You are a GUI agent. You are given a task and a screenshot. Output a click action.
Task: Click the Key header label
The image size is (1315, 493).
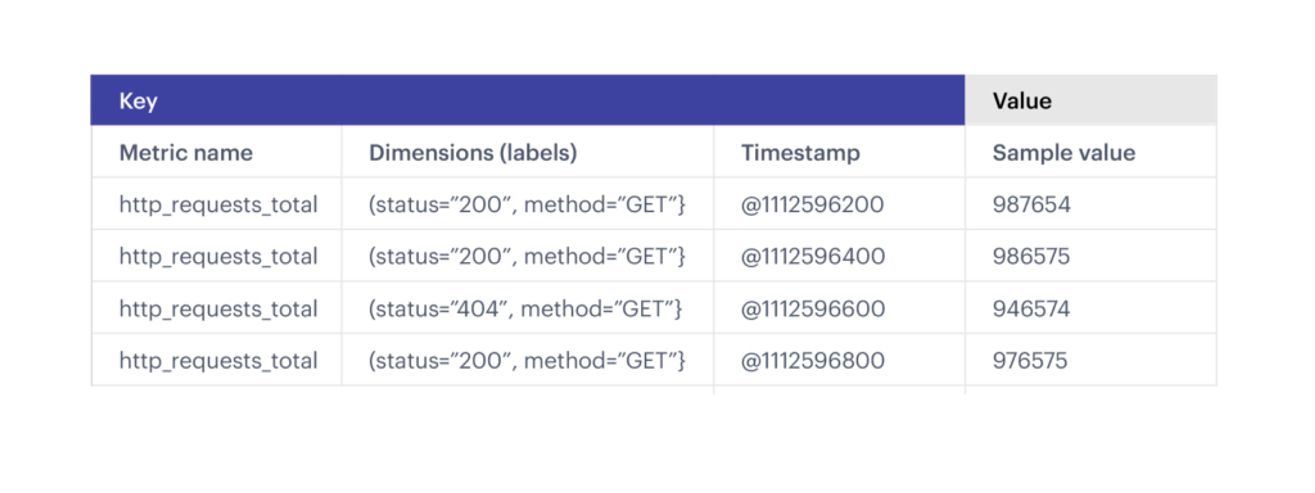[x=138, y=101]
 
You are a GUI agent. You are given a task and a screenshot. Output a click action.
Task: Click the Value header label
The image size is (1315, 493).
[x=1022, y=101]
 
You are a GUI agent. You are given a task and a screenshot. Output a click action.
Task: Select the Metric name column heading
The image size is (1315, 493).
[x=186, y=153]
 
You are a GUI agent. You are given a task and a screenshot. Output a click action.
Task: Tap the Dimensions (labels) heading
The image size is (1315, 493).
[x=473, y=153]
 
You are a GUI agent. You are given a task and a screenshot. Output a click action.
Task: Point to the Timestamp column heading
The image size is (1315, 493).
[x=800, y=153]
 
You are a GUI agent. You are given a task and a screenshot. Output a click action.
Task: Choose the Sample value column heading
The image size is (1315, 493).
[x=1063, y=153]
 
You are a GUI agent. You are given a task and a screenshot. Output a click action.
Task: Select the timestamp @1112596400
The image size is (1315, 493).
[x=813, y=256]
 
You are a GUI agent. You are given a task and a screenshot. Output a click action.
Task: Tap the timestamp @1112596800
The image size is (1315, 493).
[x=813, y=360]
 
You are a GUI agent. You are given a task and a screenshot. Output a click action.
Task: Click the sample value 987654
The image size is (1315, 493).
[x=1031, y=205]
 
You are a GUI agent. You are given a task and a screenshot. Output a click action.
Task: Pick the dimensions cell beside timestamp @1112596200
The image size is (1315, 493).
[x=527, y=205]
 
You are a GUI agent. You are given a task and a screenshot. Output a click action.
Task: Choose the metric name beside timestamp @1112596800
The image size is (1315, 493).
[x=218, y=360]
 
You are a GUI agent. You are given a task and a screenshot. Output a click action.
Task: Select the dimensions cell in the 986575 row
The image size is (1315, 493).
[x=527, y=256]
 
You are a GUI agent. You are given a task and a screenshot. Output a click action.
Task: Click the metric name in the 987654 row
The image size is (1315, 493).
[x=218, y=205]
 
